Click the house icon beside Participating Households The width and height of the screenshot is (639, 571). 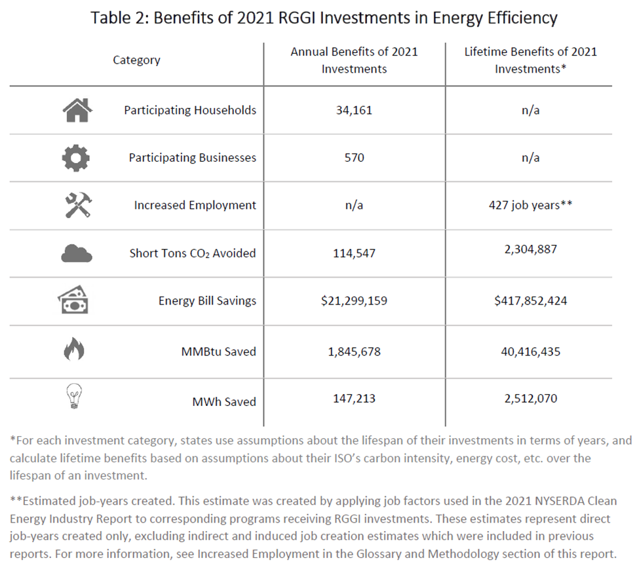[77, 110]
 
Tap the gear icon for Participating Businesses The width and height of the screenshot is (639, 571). [77, 158]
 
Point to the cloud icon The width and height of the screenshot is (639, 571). [77, 253]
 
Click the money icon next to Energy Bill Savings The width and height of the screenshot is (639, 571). [73, 301]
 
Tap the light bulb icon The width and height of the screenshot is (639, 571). [73, 397]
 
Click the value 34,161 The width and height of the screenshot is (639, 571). [354, 110]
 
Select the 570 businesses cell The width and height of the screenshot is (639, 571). [354, 158]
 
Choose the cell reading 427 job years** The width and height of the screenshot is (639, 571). [530, 205]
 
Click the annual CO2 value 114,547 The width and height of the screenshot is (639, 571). [354, 253]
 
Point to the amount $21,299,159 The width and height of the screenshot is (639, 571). [354, 301]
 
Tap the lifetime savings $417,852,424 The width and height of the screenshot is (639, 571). [530, 301]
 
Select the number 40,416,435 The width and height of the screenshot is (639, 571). [530, 352]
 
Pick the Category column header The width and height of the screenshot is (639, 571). [136, 60]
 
